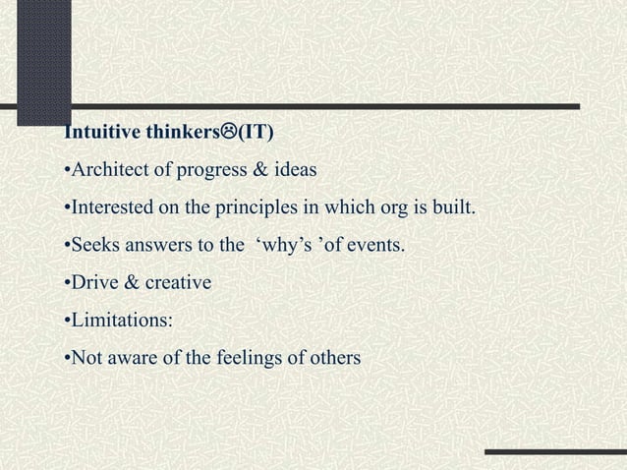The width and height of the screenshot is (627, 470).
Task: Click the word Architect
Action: pos(104,170)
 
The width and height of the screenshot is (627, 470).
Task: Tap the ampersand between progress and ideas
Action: pos(263,170)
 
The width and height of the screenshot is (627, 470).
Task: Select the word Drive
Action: pos(89,283)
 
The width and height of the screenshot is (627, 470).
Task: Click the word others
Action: pos(333,358)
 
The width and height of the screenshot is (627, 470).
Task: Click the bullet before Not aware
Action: pos(65,358)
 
